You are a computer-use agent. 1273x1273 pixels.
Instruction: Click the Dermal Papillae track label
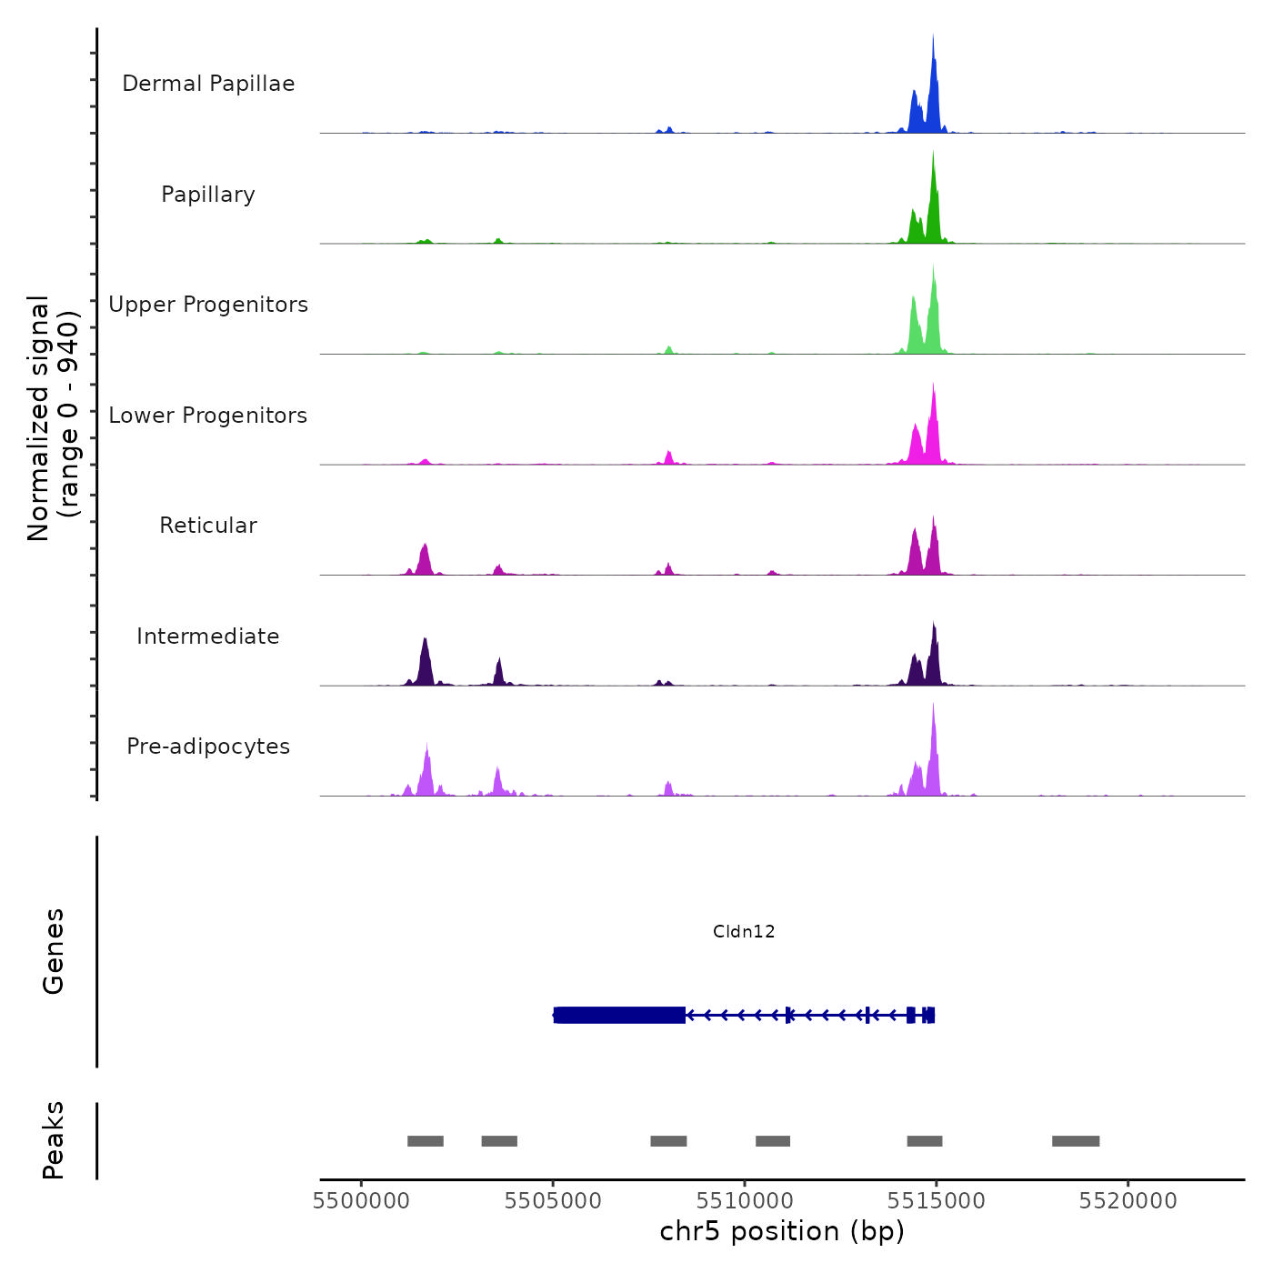pyautogui.click(x=208, y=84)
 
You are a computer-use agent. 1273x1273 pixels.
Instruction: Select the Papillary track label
pyautogui.click(x=208, y=195)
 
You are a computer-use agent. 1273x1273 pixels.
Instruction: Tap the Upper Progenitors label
pyautogui.click(x=208, y=305)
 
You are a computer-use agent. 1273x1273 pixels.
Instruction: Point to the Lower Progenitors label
pyautogui.click(x=208, y=416)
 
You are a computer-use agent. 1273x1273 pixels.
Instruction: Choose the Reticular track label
pyautogui.click(x=208, y=526)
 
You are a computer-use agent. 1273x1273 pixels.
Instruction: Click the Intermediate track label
pyautogui.click(x=208, y=636)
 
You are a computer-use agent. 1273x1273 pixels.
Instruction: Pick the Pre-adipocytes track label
pyautogui.click(x=208, y=747)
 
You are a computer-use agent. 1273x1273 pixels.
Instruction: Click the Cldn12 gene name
pyautogui.click(x=744, y=931)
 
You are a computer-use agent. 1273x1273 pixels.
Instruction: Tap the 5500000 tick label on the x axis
pyautogui.click(x=361, y=1201)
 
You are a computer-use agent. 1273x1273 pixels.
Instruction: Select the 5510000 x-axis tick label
pyautogui.click(x=745, y=1201)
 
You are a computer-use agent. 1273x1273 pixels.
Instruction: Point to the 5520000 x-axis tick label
pyautogui.click(x=1128, y=1201)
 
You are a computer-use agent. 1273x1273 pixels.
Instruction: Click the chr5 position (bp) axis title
pyautogui.click(x=782, y=1231)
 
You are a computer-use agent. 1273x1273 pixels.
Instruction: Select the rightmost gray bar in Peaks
pyautogui.click(x=1076, y=1141)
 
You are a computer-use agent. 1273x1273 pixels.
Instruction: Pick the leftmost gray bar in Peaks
pyautogui.click(x=426, y=1141)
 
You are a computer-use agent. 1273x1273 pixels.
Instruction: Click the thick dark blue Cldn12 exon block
pyautogui.click(x=619, y=1015)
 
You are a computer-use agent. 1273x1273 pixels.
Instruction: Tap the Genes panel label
pyautogui.click(x=53, y=951)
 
